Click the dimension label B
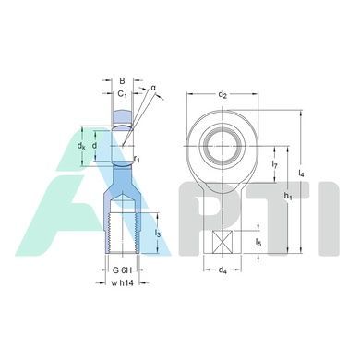click(122, 81)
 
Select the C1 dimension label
click(123, 94)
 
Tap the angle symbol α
click(153, 88)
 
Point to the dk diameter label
click(81, 146)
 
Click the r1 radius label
click(137, 159)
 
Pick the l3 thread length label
click(157, 234)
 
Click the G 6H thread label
click(122, 270)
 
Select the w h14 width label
click(122, 283)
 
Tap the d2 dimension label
click(222, 94)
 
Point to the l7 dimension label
click(275, 165)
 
